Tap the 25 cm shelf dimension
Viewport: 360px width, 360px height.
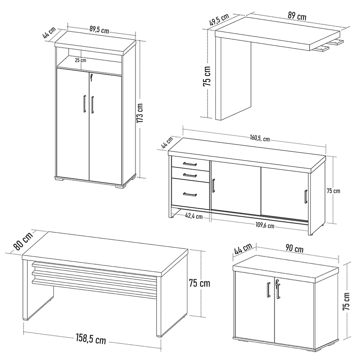click(80, 60)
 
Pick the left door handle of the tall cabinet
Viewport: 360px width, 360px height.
click(84, 104)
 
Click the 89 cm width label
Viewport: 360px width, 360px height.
click(297, 17)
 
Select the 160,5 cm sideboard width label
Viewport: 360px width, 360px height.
click(260, 138)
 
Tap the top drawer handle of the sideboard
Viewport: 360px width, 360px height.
click(190, 164)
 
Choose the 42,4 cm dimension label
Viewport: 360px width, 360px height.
click(194, 216)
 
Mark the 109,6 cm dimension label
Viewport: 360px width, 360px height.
click(265, 226)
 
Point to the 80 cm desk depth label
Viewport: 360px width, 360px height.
click(22, 241)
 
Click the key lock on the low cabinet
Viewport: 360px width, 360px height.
click(276, 284)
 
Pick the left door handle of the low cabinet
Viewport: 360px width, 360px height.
click(269, 290)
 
